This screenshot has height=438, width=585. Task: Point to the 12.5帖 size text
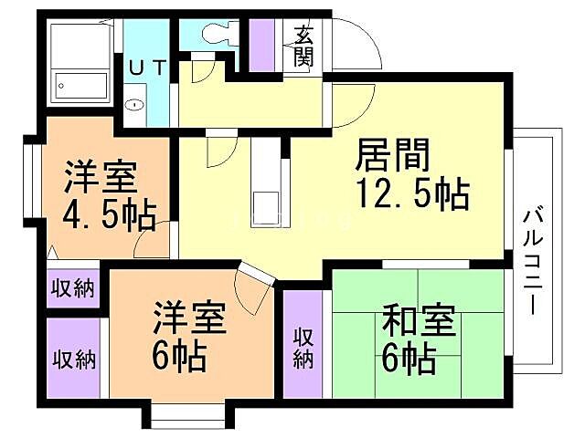coord(412,194)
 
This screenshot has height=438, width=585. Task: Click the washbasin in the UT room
coord(135,103)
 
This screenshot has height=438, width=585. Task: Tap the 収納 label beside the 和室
coord(303,348)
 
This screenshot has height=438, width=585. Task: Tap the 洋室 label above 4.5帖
coord(101,176)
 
